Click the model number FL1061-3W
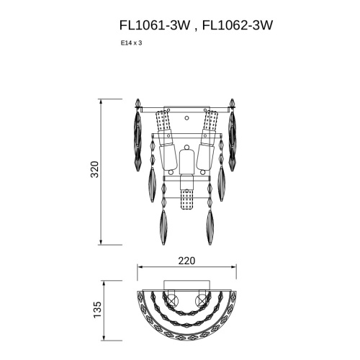pos(155,25)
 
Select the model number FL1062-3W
pos(238,25)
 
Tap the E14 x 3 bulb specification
pos(131,43)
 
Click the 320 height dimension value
pos(94,169)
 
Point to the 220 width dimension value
pos(186,261)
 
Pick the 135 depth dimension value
pos(97,310)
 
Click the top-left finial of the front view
pos(138,104)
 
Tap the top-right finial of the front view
pos(232,104)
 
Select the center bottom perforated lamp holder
pos(186,199)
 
